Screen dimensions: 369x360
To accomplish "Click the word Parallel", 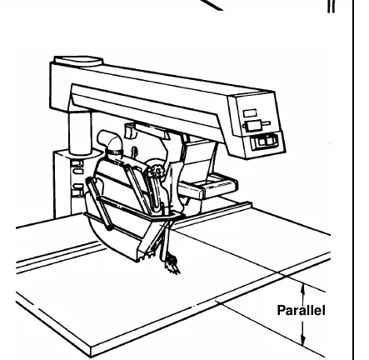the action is coord(301,310).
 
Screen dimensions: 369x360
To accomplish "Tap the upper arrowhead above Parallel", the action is coord(303,288).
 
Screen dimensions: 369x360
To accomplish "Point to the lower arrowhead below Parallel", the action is coord(303,340).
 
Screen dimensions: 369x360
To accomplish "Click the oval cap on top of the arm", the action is coord(78,61).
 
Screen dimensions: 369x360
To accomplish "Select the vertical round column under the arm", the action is coord(80,132).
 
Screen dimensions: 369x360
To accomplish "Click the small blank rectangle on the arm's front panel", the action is coord(250,113).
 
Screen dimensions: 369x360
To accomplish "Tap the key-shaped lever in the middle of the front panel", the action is coord(256,126).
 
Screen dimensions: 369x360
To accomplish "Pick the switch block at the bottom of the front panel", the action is coord(264,141).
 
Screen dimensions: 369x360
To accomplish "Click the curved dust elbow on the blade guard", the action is coord(110,142).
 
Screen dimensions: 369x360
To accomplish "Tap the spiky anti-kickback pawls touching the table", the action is coord(172,265).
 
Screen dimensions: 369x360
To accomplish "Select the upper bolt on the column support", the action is coord(77,163).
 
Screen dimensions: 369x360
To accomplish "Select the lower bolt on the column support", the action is coord(77,192).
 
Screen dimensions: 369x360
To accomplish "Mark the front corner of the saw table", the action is coord(91,347).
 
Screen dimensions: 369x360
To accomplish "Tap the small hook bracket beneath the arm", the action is coord(130,131).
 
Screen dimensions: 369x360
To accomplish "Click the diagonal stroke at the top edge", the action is coord(211,5).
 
